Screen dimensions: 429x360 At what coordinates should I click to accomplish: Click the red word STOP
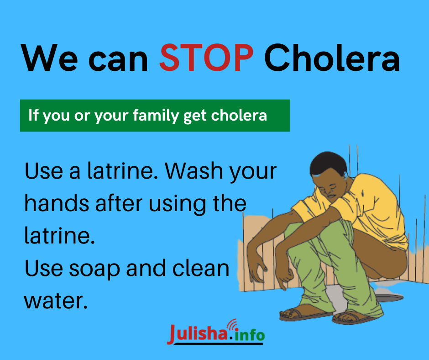click(x=206, y=58)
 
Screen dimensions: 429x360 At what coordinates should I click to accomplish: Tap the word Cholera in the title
click(x=332, y=58)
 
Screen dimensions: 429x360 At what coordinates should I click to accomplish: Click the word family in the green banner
click(x=156, y=115)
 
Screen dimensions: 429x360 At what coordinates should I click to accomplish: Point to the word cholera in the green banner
click(x=239, y=115)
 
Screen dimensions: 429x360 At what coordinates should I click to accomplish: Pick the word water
click(x=56, y=301)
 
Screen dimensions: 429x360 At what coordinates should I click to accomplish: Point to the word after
click(x=119, y=203)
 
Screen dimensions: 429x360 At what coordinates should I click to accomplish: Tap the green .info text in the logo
click(x=247, y=334)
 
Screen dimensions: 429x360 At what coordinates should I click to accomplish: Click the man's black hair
click(x=328, y=163)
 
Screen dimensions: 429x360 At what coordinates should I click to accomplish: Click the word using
click(x=178, y=205)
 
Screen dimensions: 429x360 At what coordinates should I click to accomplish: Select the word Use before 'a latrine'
click(x=44, y=171)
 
